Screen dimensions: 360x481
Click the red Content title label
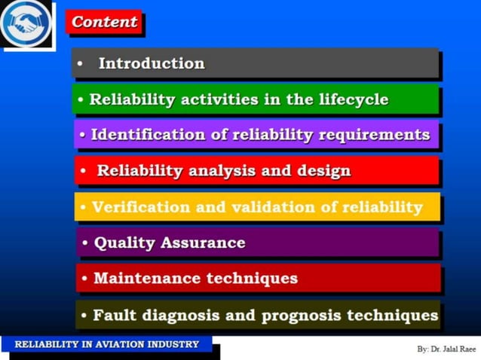[104, 22]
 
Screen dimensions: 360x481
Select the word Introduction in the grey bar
[152, 64]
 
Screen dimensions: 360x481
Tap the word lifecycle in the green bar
[351, 99]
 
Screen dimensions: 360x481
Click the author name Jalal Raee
[453, 349]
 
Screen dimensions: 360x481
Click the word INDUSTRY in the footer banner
[174, 344]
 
